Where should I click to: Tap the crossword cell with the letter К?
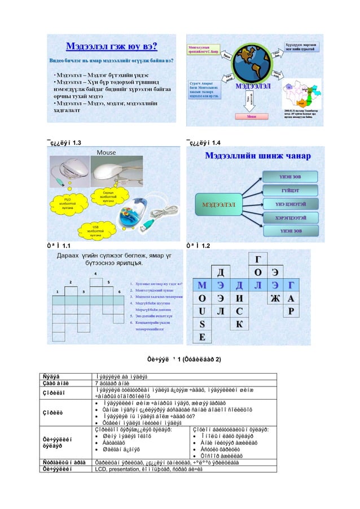tap(239, 324)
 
